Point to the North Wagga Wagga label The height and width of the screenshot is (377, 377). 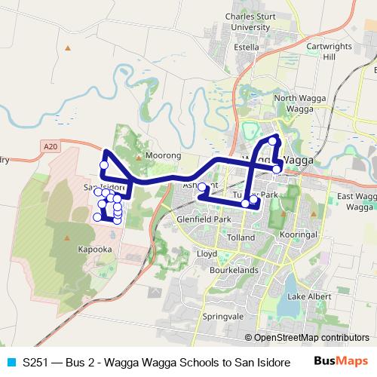tap(293, 103)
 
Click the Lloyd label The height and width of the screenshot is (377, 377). tap(207, 254)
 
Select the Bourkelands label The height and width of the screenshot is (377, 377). tap(235, 268)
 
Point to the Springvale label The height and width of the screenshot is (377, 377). tap(218, 317)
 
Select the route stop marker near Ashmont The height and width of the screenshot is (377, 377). tap(201, 186)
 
